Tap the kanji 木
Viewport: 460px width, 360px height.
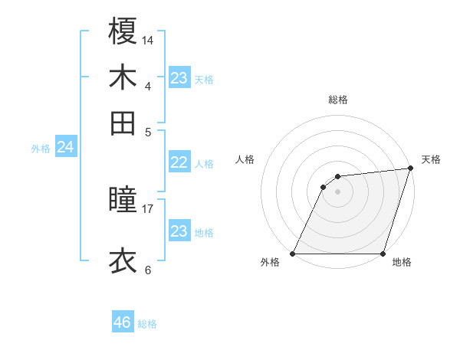(x=123, y=77)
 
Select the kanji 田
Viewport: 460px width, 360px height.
(x=123, y=123)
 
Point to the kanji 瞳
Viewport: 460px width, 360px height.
(x=123, y=200)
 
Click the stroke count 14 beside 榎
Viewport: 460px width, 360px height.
(x=148, y=39)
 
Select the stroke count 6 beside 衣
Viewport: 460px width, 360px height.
(x=148, y=270)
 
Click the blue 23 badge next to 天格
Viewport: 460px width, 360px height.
(x=179, y=78)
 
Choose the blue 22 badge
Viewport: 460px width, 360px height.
(x=179, y=162)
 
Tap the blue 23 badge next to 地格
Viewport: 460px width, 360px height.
(x=179, y=231)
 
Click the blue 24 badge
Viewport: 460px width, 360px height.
(x=66, y=147)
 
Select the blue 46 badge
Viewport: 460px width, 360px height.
(x=122, y=322)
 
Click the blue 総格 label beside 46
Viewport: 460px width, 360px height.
(x=147, y=324)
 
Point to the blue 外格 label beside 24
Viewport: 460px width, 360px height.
(x=41, y=149)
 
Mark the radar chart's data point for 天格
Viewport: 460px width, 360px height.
(x=410, y=169)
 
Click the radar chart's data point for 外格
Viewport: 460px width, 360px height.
(x=293, y=254)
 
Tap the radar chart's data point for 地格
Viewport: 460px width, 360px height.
(x=383, y=254)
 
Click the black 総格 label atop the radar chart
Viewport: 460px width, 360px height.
(x=337, y=100)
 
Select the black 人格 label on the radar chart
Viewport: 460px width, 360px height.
(x=245, y=159)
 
